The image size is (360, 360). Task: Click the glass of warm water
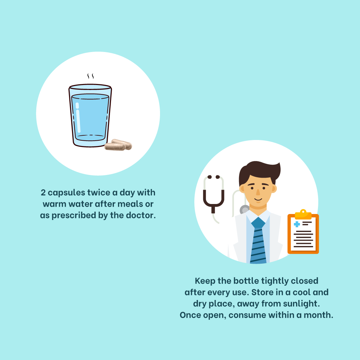(90, 115)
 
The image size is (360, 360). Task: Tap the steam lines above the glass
(90, 76)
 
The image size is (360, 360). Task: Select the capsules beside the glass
(118, 145)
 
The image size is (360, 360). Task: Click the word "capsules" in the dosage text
(66, 193)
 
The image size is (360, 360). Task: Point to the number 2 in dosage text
(43, 192)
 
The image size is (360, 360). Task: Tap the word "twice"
(99, 192)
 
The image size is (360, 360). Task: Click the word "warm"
(54, 204)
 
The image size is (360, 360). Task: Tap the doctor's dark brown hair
(259, 171)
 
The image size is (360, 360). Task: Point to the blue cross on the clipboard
(297, 224)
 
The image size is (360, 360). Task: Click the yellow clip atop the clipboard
(303, 214)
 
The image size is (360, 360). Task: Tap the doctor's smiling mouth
(258, 199)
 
